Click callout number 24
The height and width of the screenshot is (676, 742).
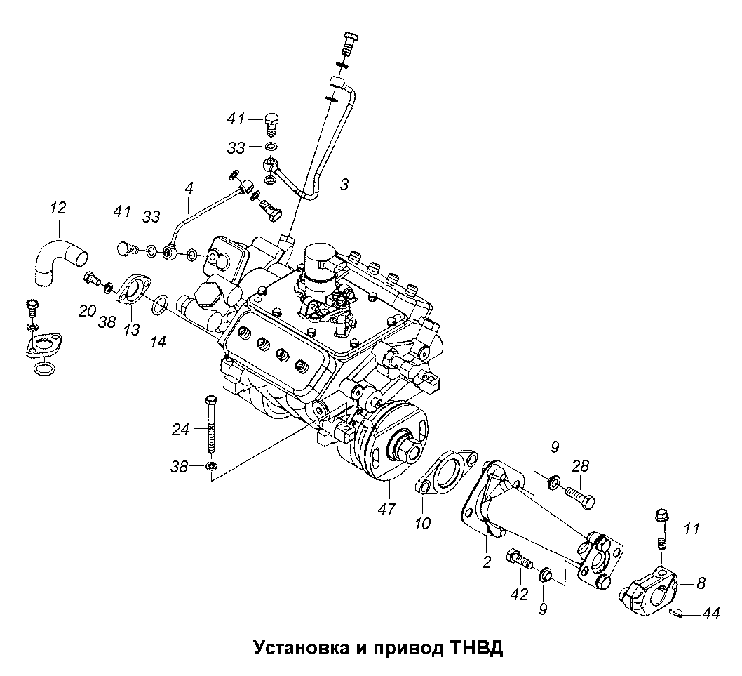181,428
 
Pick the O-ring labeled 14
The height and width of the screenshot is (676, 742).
159,305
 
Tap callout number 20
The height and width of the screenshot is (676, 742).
87,311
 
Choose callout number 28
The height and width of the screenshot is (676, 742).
580,466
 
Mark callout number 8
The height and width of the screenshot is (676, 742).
701,581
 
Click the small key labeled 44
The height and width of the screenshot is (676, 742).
677,613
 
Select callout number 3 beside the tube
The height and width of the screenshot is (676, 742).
344,185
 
